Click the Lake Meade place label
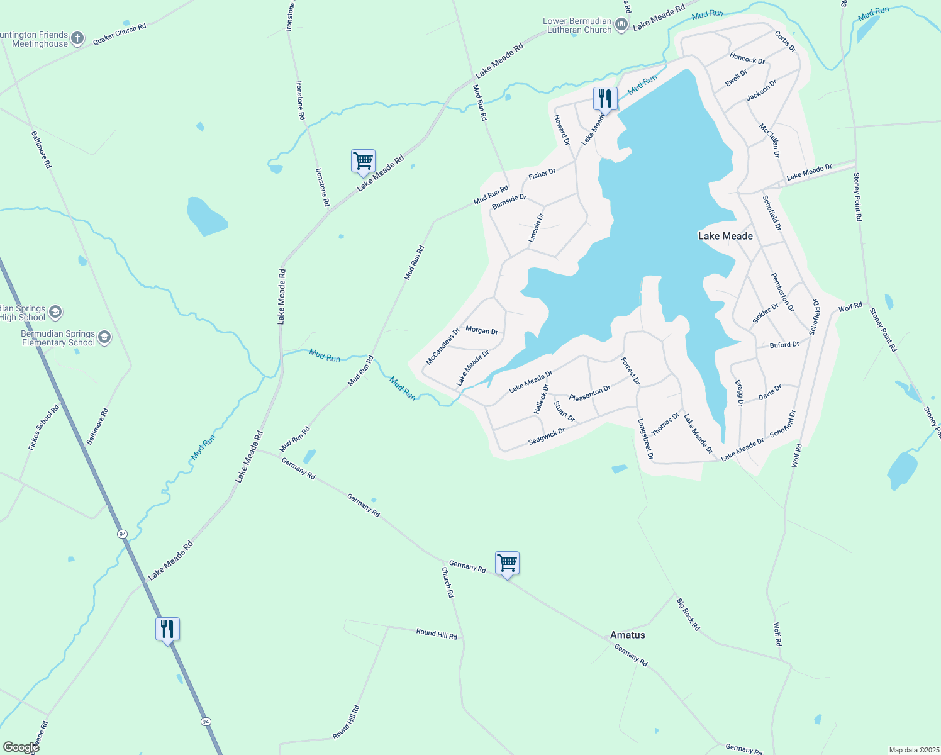click(x=725, y=236)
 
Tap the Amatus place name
click(x=627, y=635)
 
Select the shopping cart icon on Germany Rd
click(x=507, y=563)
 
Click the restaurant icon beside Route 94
click(x=167, y=629)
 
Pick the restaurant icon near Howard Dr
click(x=605, y=99)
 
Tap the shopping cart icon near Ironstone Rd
click(x=363, y=161)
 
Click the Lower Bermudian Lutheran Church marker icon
click(x=621, y=25)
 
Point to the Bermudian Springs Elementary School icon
click(x=104, y=338)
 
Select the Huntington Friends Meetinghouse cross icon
click(x=77, y=39)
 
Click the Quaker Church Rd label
click(x=120, y=34)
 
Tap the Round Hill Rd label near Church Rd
click(x=437, y=634)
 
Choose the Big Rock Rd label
click(x=688, y=614)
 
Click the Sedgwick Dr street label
click(x=547, y=436)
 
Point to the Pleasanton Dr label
click(x=589, y=393)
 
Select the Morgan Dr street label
click(x=482, y=330)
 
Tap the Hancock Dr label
click(x=747, y=59)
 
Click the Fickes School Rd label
click(x=43, y=427)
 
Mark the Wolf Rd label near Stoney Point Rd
click(x=850, y=307)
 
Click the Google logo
click(x=21, y=747)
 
